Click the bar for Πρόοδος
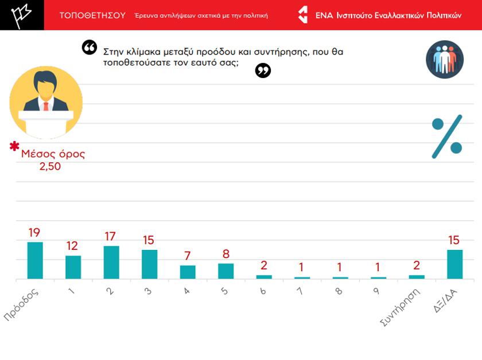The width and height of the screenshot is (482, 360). tap(35, 260)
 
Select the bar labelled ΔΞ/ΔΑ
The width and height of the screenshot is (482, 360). tap(454, 264)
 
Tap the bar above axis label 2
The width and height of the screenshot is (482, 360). tap(111, 263)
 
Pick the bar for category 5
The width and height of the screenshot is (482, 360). tap(226, 271)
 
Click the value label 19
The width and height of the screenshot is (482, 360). tap(34, 233)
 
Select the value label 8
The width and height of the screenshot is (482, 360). tap(226, 254)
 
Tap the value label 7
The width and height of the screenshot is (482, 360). tap(188, 256)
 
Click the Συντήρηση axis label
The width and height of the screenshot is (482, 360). tap(401, 307)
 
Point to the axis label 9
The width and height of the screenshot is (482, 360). tap(375, 291)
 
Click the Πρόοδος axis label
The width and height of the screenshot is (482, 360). tap(22, 304)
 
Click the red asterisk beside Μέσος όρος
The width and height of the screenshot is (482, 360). tap(14, 146)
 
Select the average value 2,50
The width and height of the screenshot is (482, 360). tap(50, 166)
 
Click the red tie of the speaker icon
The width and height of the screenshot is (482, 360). tap(46, 106)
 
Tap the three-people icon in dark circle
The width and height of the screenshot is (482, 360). tap(445, 60)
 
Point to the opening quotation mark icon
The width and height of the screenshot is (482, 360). tap(90, 48)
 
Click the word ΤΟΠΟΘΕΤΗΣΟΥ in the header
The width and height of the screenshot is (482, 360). tap(92, 15)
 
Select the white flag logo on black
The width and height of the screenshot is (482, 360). tap(22, 15)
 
